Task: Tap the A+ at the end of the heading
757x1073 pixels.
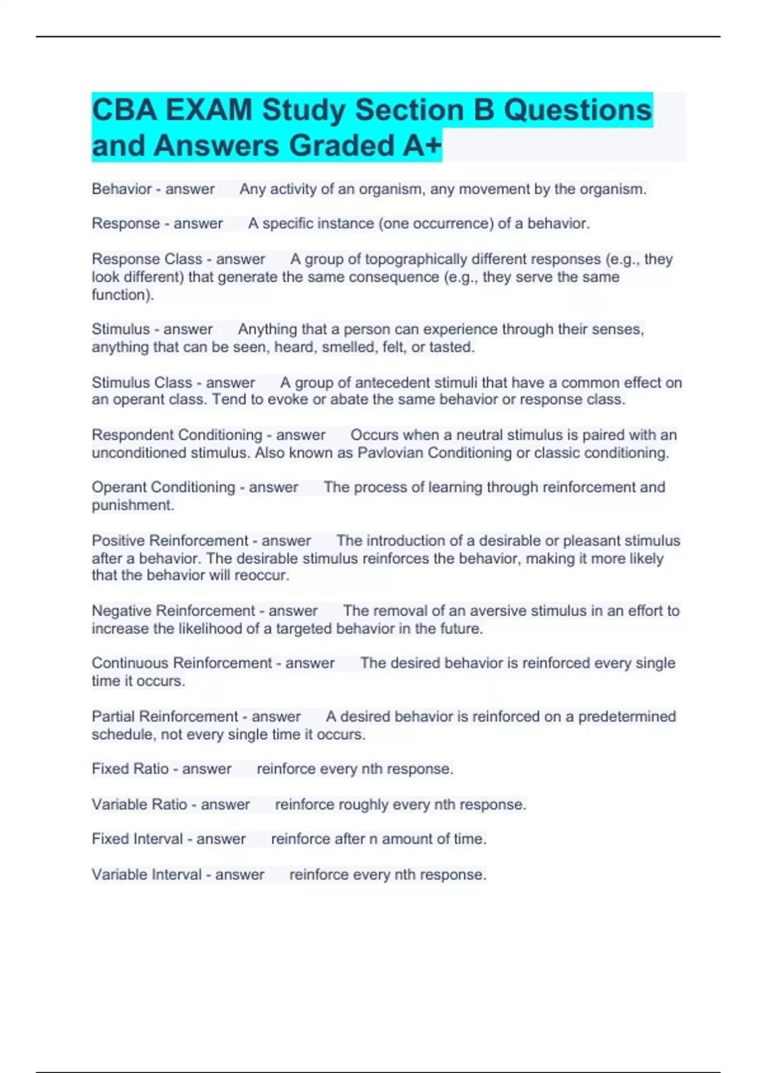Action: pos(422,146)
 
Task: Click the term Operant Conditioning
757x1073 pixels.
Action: pos(163,487)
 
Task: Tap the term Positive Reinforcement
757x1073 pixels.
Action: pos(170,541)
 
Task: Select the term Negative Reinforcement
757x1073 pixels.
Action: pos(173,611)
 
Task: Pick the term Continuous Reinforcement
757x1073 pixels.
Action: pos(182,663)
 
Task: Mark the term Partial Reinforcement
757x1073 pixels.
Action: pos(165,717)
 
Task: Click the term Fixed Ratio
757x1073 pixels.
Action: pos(130,769)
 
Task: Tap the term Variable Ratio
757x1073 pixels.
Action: pos(139,805)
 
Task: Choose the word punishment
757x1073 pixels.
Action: pos(132,506)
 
